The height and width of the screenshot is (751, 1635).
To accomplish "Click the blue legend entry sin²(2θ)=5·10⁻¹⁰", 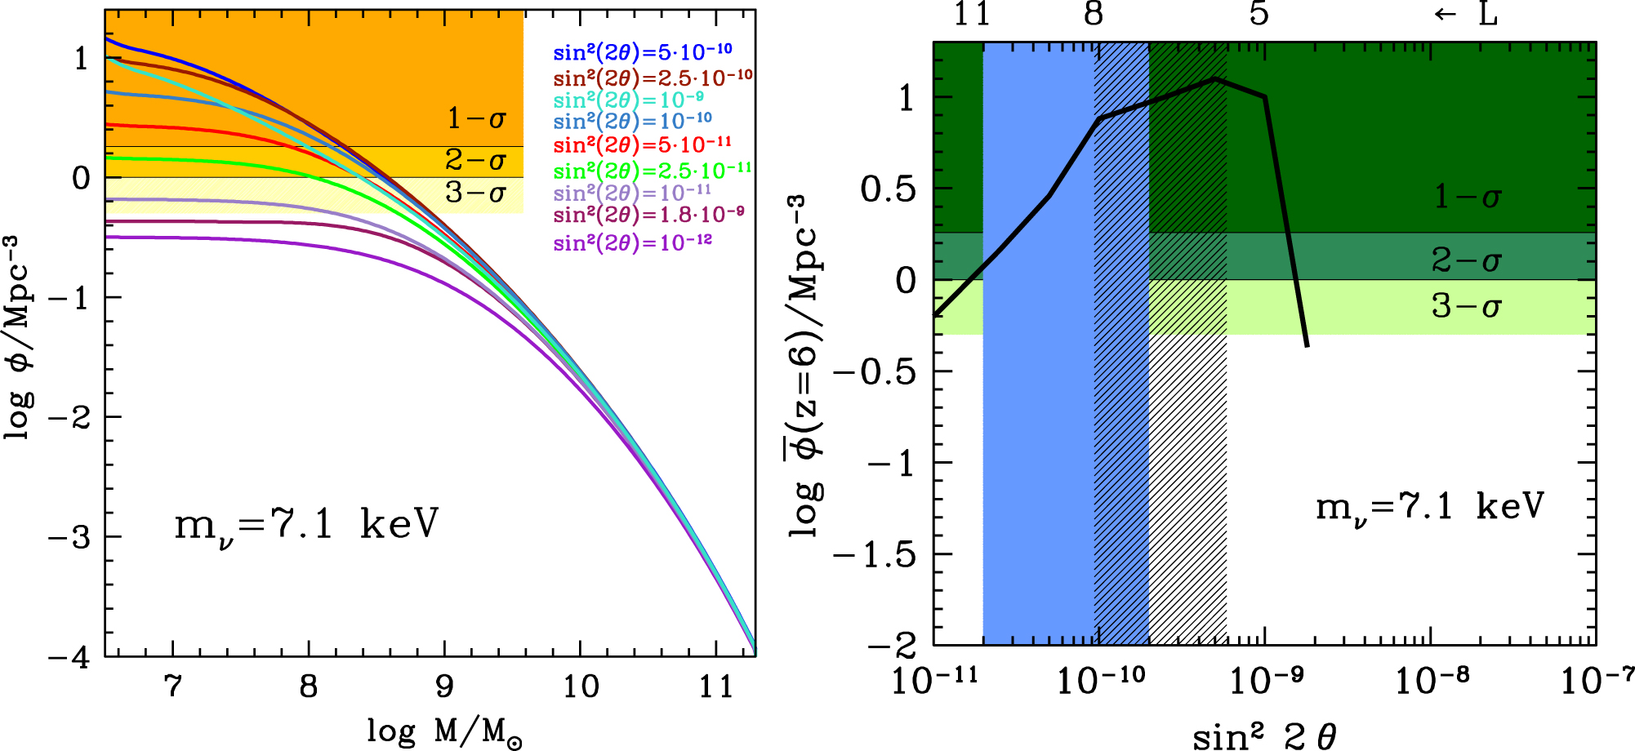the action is pyautogui.click(x=643, y=52).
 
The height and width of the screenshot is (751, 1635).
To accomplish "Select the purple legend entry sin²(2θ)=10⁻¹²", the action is pyautogui.click(x=633, y=242).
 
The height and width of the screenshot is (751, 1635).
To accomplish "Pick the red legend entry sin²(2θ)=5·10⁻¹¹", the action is pyautogui.click(x=643, y=145).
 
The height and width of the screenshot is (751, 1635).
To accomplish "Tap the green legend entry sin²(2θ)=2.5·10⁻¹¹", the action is pyautogui.click(x=653, y=171).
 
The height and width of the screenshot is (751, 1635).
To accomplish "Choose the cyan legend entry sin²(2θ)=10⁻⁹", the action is pyautogui.click(x=629, y=100).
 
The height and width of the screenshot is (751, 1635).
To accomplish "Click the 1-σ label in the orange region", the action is pyautogui.click(x=476, y=119).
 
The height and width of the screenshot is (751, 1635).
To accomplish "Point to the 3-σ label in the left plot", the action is pyautogui.click(x=475, y=193).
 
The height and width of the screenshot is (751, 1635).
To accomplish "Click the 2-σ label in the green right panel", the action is pyautogui.click(x=1467, y=260).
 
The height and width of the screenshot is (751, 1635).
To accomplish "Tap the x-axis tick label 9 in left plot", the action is pyautogui.click(x=444, y=687).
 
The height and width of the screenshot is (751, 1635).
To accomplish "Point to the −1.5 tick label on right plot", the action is pyautogui.click(x=875, y=555).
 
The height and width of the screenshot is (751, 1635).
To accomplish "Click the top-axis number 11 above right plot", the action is pyautogui.click(x=972, y=14).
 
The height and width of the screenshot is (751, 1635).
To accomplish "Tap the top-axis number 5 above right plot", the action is pyautogui.click(x=1259, y=14).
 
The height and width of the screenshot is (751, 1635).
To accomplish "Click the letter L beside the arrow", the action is pyautogui.click(x=1488, y=14).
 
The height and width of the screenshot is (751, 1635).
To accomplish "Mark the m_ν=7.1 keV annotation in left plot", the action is pyautogui.click(x=306, y=524).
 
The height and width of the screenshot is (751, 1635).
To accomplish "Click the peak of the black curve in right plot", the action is pyautogui.click(x=1215, y=78).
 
